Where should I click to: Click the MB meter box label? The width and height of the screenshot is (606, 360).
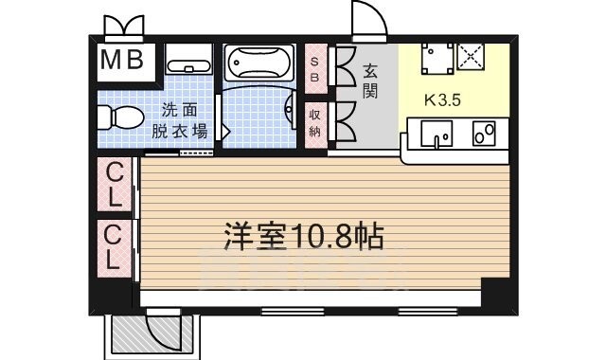[123, 62]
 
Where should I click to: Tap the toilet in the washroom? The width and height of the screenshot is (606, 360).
[116, 118]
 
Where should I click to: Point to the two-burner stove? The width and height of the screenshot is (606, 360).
[484, 135]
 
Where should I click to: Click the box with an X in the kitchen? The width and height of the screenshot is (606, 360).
[471, 58]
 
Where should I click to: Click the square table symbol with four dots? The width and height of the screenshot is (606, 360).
[437, 58]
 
